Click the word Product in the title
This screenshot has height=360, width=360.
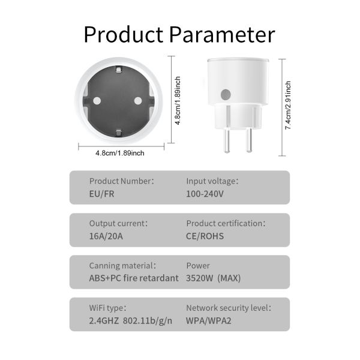[124, 34]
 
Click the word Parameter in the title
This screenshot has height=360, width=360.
[222, 34]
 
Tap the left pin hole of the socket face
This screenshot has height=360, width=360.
[97, 101]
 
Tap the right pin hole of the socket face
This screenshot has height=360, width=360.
[138, 101]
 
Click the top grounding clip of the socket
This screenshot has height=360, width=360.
[118, 70]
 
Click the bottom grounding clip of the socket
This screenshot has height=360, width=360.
[118, 133]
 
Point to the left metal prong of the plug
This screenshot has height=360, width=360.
[227, 140]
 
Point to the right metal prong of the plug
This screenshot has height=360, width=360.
[249, 140]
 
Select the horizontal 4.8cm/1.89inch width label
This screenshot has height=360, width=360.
[120, 153]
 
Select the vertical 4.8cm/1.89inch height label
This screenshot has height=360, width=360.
[178, 101]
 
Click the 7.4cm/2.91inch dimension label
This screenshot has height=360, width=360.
[288, 105]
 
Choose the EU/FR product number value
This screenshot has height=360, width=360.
[101, 194]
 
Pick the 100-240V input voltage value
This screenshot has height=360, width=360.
[205, 194]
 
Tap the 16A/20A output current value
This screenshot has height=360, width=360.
[106, 236]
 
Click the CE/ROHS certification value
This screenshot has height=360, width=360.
[205, 236]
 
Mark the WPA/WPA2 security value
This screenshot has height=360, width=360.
[208, 321]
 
